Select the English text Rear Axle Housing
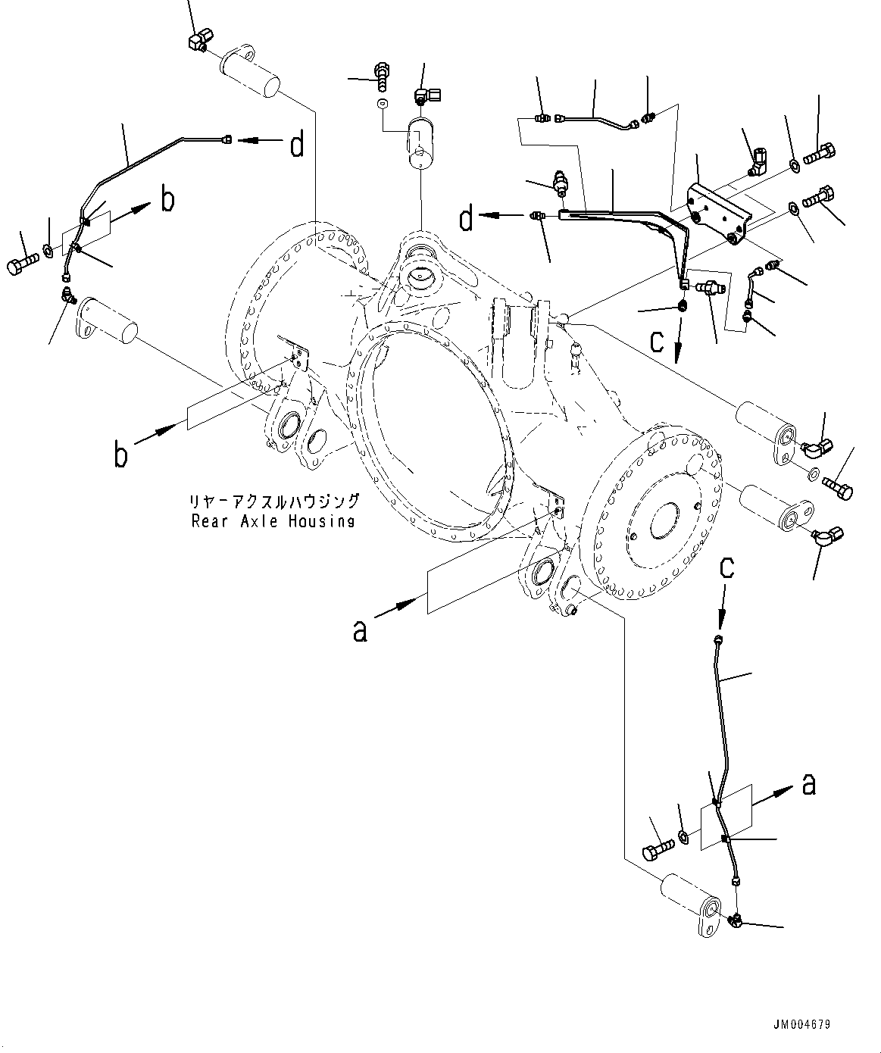tap(273, 521)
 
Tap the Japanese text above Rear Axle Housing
tap(274, 502)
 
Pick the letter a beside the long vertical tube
tap(809, 786)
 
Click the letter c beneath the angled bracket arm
tap(658, 342)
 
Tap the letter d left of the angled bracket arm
tap(467, 219)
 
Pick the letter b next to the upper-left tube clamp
tap(167, 201)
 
